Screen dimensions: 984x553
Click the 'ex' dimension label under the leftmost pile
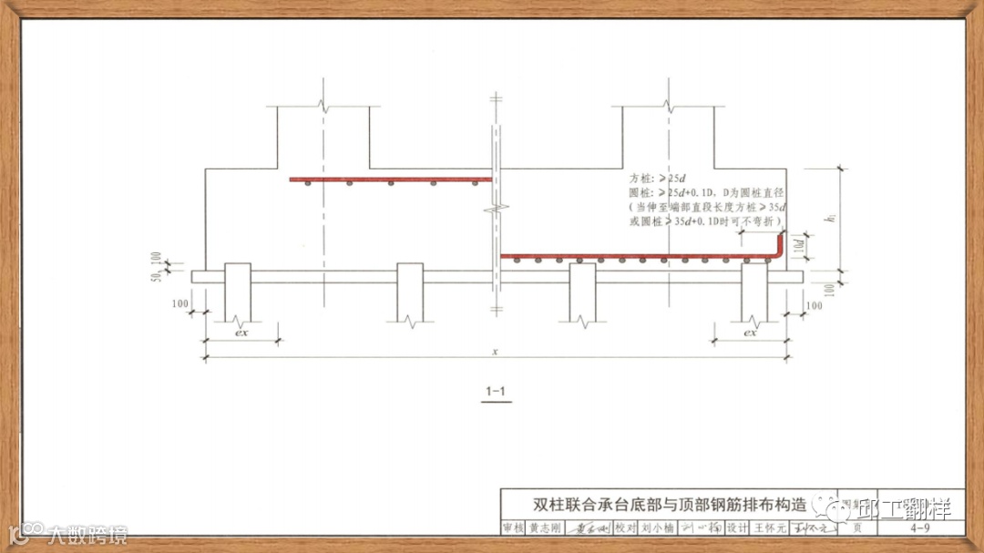[x=241, y=333]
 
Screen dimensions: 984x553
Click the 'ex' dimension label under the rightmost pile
[x=750, y=333]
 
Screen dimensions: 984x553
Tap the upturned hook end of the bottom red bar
[x=781, y=246]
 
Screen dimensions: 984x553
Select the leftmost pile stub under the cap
[x=238, y=292]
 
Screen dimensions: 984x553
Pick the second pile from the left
[x=410, y=292]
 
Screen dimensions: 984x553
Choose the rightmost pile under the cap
[x=753, y=292]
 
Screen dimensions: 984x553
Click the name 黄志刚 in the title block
[x=545, y=527]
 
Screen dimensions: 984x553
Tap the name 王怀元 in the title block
[x=768, y=527]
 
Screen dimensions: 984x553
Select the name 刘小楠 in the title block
[x=656, y=527]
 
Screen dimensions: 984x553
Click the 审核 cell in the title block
[x=513, y=527]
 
